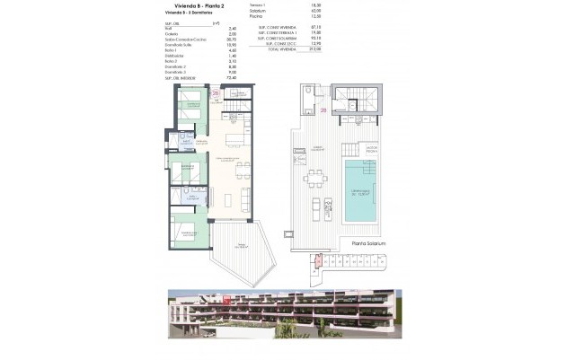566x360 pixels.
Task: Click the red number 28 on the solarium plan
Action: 323,112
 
